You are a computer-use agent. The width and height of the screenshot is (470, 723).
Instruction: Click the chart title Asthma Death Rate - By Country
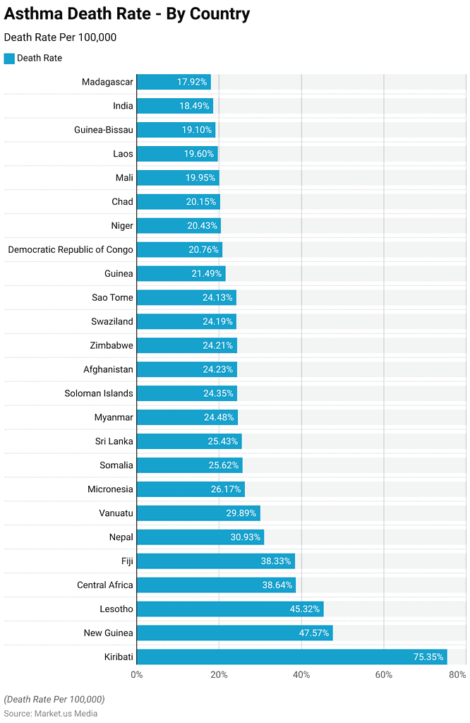point(127,13)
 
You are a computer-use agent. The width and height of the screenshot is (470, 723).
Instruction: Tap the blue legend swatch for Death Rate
point(9,59)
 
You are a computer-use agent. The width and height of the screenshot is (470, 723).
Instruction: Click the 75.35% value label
point(428,657)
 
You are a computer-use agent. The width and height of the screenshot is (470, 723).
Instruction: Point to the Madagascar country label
point(107,82)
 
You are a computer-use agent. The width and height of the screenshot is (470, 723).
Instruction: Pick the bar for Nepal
point(200,537)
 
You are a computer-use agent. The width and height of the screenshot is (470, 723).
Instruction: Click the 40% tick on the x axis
point(301,675)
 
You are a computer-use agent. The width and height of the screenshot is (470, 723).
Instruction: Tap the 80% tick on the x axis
point(457,675)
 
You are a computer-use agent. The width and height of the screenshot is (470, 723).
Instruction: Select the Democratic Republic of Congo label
point(71,250)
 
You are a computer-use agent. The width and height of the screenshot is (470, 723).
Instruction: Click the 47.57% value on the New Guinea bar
point(314,633)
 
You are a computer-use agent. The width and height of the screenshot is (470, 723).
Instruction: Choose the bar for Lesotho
point(229,609)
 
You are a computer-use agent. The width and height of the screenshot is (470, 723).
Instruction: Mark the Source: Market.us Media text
point(51,713)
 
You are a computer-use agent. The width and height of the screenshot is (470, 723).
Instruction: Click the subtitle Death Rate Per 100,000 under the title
point(60,37)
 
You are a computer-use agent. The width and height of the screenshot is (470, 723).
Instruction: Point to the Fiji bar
point(215,561)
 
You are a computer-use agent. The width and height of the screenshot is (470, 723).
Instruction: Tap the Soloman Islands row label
point(98,393)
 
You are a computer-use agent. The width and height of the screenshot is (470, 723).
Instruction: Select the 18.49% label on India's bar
point(194,106)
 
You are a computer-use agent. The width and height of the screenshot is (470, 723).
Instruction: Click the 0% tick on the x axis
point(137,675)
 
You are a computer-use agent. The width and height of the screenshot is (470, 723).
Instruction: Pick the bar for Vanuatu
point(198,513)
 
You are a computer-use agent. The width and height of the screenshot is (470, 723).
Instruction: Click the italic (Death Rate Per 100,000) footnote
point(54,699)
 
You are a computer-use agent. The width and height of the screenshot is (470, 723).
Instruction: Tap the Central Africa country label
point(104,585)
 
